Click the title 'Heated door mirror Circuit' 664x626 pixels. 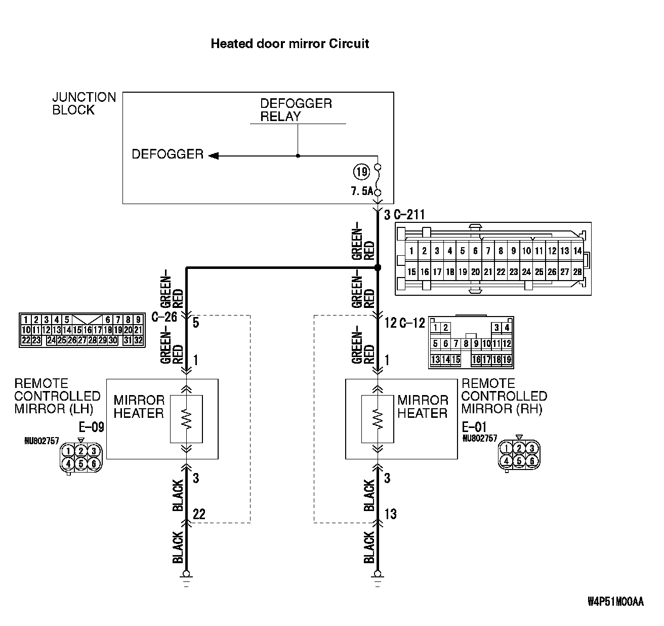(x=289, y=44)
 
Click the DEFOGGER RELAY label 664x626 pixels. (x=296, y=110)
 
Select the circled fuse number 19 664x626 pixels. (x=361, y=172)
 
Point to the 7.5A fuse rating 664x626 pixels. (x=361, y=191)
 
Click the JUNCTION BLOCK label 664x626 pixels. (x=84, y=103)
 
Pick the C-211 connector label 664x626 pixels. (x=409, y=215)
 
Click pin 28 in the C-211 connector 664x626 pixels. (x=577, y=272)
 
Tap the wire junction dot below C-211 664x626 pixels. (x=377, y=267)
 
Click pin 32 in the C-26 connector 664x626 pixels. (x=138, y=340)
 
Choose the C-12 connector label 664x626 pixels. (x=412, y=323)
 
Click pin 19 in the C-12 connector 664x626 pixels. (x=507, y=360)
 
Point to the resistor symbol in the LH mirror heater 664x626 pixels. (x=187, y=419)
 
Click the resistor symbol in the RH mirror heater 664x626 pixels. (x=377, y=419)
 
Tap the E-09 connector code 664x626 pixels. (x=92, y=427)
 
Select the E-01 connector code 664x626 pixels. (x=474, y=427)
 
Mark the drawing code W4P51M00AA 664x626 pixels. (x=615, y=602)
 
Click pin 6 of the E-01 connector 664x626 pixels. (x=531, y=461)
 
